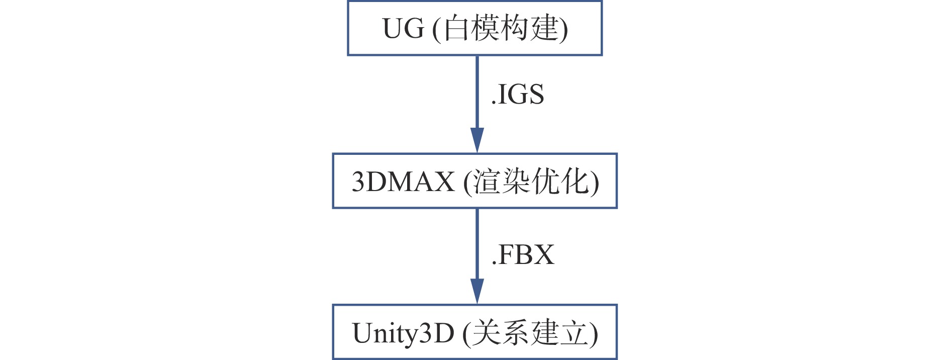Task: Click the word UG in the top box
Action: (403, 29)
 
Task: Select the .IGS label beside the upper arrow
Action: (517, 95)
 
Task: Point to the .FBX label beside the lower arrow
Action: (523, 254)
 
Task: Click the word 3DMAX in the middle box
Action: (403, 182)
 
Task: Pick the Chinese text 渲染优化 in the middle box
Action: (531, 181)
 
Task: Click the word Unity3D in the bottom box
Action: (403, 333)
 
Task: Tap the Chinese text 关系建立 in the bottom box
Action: (530, 333)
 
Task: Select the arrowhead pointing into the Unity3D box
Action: (477, 291)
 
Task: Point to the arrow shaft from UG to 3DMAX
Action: (477, 91)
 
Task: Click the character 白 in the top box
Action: (456, 28)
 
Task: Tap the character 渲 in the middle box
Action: (486, 181)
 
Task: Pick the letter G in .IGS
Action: (515, 95)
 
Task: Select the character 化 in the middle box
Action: (575, 181)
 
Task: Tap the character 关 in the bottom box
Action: (486, 333)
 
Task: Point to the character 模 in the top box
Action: (486, 28)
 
